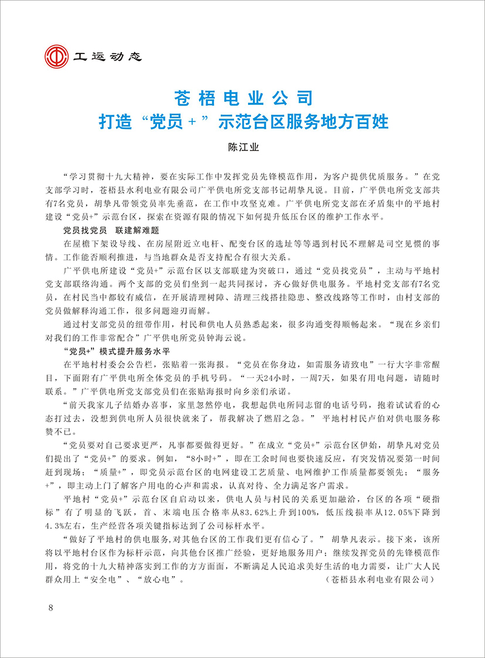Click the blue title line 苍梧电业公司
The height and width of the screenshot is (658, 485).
tap(242, 97)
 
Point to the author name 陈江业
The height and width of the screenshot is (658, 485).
tap(242, 147)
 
